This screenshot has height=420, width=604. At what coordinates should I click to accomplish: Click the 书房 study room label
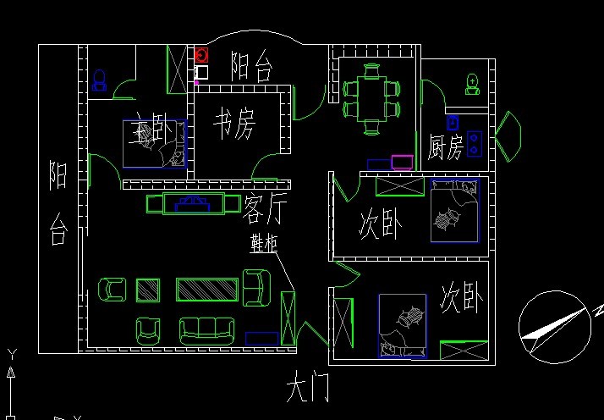(233, 125)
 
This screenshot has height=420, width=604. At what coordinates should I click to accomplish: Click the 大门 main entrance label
(307, 390)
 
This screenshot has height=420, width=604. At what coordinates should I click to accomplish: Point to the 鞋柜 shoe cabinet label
(263, 243)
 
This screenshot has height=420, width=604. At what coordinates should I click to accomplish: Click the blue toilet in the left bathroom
(99, 80)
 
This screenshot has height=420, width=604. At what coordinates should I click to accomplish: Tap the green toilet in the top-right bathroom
(472, 84)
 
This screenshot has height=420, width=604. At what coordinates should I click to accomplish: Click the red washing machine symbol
(201, 56)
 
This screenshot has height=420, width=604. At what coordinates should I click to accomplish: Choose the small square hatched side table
(149, 290)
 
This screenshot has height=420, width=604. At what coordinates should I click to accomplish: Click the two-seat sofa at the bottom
(206, 329)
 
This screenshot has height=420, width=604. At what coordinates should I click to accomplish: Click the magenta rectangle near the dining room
(403, 162)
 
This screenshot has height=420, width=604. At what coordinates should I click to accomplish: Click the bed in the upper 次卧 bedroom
(453, 211)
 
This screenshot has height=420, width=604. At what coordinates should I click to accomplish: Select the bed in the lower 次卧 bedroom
(402, 325)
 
